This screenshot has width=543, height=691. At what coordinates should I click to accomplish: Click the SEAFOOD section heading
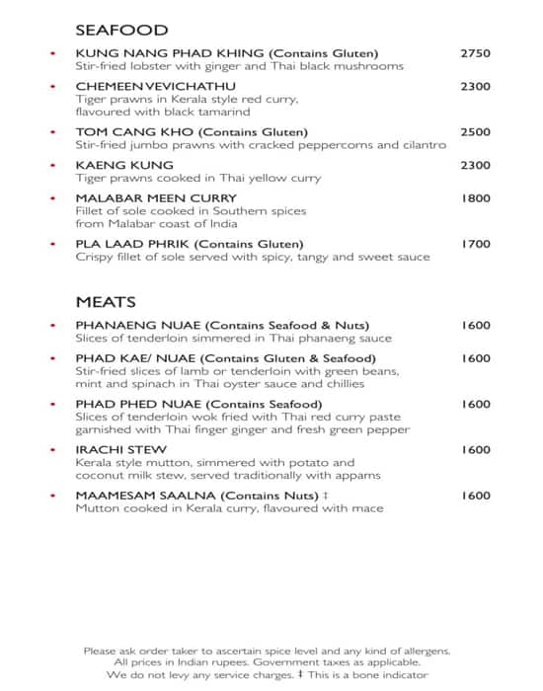pyautogui.click(x=121, y=31)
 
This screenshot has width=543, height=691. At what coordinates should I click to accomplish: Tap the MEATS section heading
pyautogui.click(x=106, y=301)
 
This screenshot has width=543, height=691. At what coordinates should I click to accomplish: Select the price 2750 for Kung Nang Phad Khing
pyautogui.click(x=475, y=53)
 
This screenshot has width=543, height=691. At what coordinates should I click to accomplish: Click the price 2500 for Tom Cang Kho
pyautogui.click(x=475, y=132)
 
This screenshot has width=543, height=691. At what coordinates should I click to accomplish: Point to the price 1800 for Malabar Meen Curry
pyautogui.click(x=476, y=198)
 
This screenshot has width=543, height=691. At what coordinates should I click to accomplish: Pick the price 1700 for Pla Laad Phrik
pyautogui.click(x=476, y=244)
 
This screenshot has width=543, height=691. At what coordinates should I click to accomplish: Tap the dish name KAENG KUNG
pyautogui.click(x=124, y=165)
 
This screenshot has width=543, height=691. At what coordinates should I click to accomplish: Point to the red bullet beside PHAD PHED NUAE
pyautogui.click(x=52, y=405)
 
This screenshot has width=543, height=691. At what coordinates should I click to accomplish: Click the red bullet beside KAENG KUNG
pyautogui.click(x=52, y=165)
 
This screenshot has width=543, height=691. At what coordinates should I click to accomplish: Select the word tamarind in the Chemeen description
pyautogui.click(x=223, y=113)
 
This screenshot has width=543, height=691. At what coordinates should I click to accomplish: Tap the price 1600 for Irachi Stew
pyautogui.click(x=475, y=450)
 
